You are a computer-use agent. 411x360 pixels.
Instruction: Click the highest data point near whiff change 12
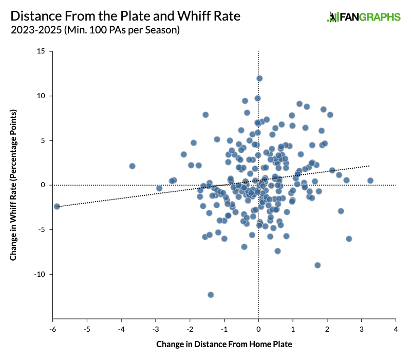pos(259,78)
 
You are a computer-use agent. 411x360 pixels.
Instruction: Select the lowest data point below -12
pos(211,295)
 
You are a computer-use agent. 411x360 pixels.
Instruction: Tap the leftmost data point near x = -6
pos(57,206)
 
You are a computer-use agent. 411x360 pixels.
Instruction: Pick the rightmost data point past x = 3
pos(370,181)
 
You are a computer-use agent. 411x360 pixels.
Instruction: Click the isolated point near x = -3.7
pos(132,166)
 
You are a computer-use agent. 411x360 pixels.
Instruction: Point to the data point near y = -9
pos(317,265)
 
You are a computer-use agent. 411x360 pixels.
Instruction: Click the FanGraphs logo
pos(363,17)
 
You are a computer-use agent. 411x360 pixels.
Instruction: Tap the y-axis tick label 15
pos(41,51)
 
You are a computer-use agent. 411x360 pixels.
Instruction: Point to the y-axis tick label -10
pos(39,274)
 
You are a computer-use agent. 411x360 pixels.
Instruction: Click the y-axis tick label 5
pos(43,140)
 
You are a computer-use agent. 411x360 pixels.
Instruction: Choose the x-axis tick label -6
pos(52,328)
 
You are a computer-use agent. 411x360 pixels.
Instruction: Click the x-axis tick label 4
pos(396,328)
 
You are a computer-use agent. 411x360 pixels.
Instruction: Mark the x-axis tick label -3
pos(155,328)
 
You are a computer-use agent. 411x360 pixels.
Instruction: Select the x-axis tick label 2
pos(327,328)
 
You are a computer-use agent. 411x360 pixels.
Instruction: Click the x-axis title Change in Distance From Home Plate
pos(223,344)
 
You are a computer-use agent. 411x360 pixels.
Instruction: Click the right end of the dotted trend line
pos(369,166)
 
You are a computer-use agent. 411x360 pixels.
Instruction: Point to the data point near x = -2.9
pos(159,188)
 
